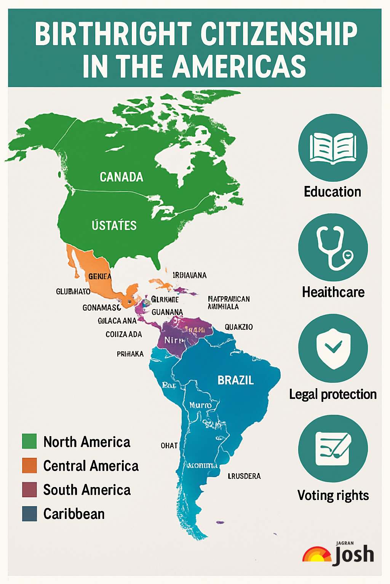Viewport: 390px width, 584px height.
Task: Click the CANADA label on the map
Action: (121, 177)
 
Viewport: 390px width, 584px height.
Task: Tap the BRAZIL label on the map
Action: (235, 380)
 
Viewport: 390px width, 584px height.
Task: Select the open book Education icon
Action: (333, 148)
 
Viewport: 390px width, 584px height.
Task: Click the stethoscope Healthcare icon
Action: (333, 248)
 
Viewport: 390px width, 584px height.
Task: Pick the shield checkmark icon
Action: (333, 348)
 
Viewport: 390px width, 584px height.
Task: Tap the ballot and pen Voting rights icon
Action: (333, 448)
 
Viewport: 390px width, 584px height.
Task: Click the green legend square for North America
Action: (29, 441)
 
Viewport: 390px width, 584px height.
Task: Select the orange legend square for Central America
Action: (29, 465)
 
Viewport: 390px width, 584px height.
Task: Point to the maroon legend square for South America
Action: (29, 490)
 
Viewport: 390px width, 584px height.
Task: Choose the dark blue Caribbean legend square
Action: (29, 514)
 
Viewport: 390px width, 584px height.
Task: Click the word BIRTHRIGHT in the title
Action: (113, 34)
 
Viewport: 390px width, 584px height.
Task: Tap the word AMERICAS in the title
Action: (240, 66)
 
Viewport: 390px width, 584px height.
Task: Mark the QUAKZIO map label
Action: (238, 327)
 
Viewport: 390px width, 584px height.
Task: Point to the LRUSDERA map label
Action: (244, 476)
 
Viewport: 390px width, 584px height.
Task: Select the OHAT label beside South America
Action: (169, 446)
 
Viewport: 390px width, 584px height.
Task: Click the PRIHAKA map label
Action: (130, 354)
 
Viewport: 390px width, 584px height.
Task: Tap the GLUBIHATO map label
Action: (73, 292)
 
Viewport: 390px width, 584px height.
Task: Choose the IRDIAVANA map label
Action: (190, 275)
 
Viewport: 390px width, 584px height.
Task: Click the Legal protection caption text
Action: (333, 394)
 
